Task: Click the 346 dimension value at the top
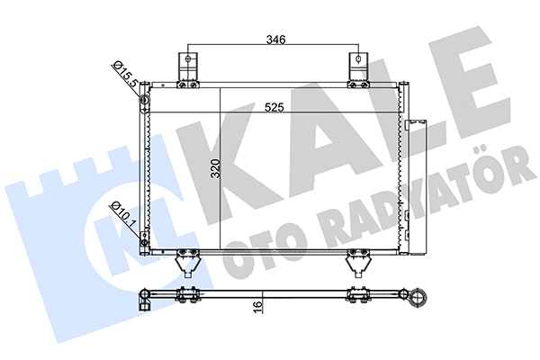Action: click(x=275, y=40)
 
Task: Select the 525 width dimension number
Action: click(x=275, y=108)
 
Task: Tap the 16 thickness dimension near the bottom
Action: click(x=258, y=307)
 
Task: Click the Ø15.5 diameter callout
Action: click(x=125, y=73)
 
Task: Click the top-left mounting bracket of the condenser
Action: click(x=186, y=68)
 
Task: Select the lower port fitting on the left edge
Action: click(x=144, y=236)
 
